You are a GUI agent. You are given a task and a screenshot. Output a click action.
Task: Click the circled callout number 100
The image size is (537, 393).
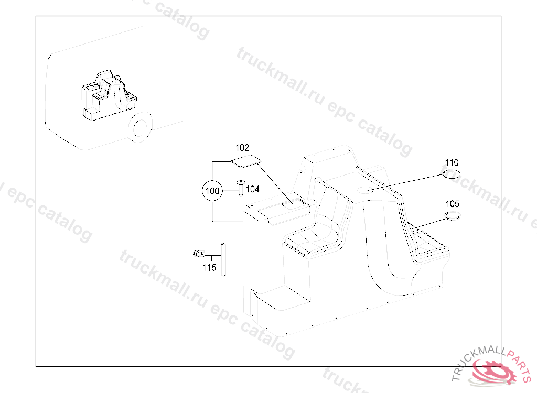point(212,191)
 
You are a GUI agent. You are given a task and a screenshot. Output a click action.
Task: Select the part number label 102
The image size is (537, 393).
point(242,148)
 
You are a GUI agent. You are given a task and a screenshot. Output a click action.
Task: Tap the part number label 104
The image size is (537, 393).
point(253,189)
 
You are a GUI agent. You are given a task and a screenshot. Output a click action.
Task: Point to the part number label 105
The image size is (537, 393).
point(452,204)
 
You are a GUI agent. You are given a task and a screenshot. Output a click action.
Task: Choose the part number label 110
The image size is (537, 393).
point(452,162)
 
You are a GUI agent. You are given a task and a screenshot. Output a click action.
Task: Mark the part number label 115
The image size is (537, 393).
point(209,267)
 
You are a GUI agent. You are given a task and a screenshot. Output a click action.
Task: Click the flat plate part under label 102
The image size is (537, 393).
point(246,161)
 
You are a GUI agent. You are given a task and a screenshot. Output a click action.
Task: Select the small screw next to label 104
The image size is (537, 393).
point(241,188)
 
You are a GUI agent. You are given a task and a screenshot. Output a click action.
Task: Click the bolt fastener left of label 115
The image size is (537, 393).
point(199,254)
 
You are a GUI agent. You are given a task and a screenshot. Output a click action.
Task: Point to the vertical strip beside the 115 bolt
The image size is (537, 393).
point(223,259)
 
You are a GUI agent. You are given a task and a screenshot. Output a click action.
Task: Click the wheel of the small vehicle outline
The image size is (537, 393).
point(140,127)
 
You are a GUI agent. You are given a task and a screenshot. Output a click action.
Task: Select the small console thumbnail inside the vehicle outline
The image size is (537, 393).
point(109,95)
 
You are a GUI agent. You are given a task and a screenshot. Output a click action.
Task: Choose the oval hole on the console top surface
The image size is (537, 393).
point(365,190)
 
